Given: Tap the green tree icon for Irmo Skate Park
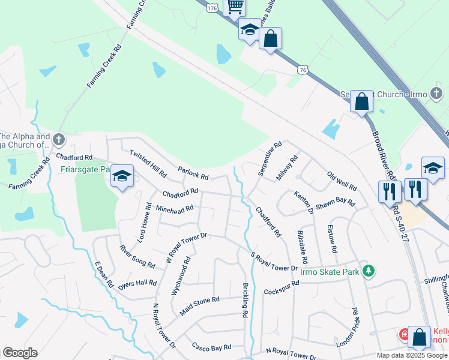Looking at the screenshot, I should (368, 272).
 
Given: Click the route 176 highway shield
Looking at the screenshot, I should (211, 8).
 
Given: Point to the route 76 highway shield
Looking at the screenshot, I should (303, 70).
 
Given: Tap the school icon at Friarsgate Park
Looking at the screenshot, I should (122, 176).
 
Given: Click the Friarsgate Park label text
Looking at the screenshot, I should (86, 169).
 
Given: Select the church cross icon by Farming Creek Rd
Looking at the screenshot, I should (58, 140).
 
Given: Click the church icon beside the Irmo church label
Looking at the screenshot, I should (436, 93).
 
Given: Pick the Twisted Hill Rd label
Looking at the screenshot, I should (148, 163).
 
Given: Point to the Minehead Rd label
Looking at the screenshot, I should (174, 209).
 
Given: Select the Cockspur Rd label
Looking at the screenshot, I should (281, 287).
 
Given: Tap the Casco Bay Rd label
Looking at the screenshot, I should (211, 347).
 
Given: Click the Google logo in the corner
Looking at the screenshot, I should (20, 353).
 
